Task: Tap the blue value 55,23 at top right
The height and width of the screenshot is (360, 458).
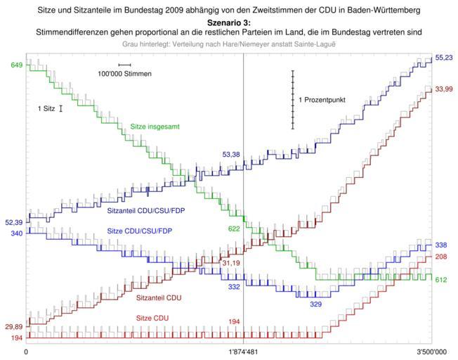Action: point(443,57)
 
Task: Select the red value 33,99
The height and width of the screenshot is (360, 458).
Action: point(443,89)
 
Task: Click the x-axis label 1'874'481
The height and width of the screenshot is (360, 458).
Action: point(243,351)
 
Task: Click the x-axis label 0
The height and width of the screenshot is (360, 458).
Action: point(26,351)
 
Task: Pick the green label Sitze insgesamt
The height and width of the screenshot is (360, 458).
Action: point(154,127)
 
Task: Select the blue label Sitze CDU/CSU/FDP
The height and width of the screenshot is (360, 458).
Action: point(140,231)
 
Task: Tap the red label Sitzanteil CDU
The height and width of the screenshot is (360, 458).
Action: point(159,298)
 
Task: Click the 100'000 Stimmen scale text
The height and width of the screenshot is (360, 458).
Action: point(124,74)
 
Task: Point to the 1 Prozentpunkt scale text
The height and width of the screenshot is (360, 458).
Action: point(322,101)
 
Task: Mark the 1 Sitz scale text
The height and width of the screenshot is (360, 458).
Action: point(47,109)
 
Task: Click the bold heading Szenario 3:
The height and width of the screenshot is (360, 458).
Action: point(228,22)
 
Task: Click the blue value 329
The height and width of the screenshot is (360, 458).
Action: point(316,304)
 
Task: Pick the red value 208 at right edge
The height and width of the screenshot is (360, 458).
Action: point(442,257)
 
